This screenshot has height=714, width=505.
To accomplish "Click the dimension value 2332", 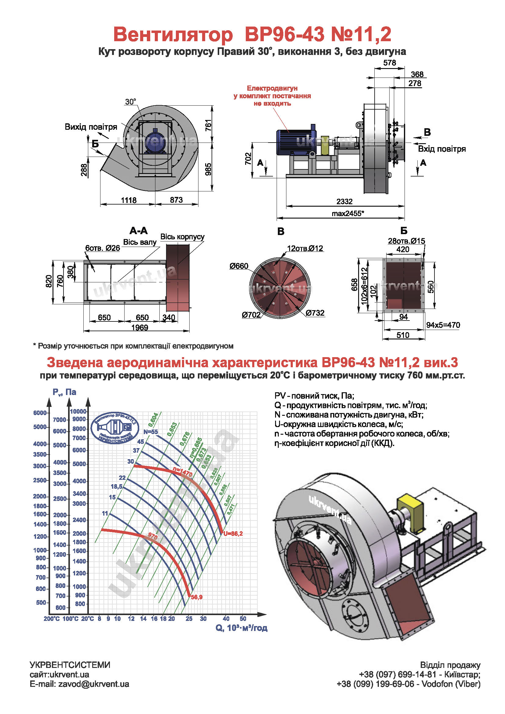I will coord(344,201).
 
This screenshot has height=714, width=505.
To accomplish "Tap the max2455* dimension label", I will coord(347,213).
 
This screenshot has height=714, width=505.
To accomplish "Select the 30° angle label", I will coord(131,102).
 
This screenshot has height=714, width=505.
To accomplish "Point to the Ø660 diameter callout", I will coord(239,266).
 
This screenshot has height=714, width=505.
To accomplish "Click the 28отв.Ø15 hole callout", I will coord(406,241).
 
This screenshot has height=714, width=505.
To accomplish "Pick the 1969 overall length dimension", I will coord(140,328).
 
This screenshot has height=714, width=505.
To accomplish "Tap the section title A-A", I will coord(138,231).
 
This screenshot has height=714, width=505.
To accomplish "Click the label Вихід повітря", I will coord(91,127).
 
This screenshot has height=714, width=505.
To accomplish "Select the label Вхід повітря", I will coord(441,149).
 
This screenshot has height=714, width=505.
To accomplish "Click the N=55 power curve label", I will coord(151,432).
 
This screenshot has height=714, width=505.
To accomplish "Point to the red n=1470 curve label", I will coord(183,472).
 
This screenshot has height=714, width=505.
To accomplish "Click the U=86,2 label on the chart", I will coord(233,534).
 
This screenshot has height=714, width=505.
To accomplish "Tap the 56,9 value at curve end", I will coord(197,597).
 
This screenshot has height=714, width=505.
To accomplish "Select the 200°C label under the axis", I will coord(52,619).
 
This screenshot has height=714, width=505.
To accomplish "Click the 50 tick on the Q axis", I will coord(243,619).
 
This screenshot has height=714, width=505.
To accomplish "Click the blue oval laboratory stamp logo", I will coord(115,428).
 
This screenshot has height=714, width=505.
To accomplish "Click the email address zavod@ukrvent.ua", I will coord(93,684).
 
